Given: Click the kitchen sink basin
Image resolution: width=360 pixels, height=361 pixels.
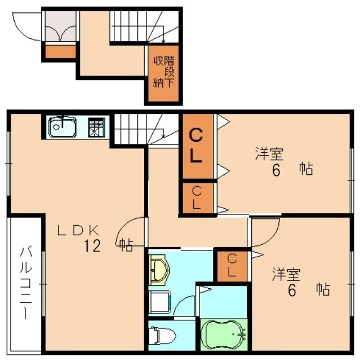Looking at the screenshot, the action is point(63,127).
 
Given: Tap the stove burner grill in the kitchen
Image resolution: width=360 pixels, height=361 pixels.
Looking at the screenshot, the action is point(96,127).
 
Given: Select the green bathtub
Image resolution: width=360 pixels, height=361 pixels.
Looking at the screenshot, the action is point(224,334).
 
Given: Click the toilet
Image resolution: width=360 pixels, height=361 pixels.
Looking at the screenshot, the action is point(162,336).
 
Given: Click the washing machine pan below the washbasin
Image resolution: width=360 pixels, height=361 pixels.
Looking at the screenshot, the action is point(160,302).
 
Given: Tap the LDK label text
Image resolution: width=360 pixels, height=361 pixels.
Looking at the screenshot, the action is point(78,230).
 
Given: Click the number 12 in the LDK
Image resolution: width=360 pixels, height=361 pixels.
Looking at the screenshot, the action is point(92,246).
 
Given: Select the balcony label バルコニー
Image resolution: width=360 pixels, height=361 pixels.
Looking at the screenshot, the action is point(25,282).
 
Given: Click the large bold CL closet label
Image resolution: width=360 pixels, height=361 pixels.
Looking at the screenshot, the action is point(196,146).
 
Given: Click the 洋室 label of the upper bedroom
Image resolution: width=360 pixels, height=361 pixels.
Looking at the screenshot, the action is point(269,153).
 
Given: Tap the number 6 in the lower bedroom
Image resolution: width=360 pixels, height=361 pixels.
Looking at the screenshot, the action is point(292,290).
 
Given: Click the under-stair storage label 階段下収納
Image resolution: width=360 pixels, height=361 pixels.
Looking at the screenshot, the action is point(164,72).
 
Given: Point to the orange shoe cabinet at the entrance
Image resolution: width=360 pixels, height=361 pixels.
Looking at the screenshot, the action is point(60,51).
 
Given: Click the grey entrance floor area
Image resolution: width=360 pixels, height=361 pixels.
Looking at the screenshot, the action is point(60,27).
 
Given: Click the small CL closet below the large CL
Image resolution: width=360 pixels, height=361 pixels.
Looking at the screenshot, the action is point(197,197).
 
